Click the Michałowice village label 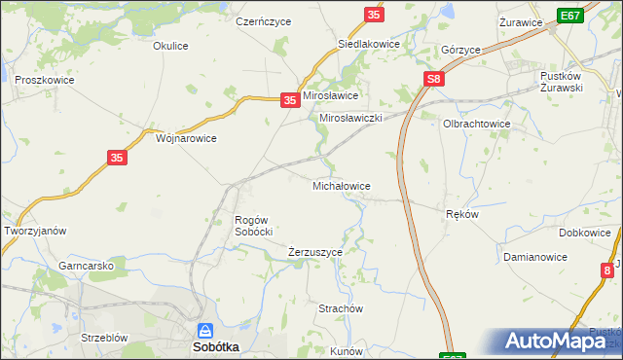340,185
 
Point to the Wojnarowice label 186,138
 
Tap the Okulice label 170,46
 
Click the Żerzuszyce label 315,252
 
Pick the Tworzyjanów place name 35,231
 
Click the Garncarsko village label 87,266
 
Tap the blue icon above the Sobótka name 204,331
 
